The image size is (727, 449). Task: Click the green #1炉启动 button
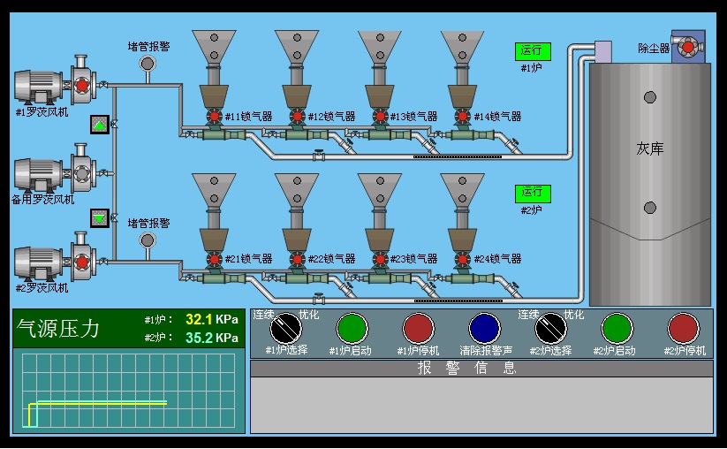pos(352,328)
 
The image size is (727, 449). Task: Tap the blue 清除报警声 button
pos(484,328)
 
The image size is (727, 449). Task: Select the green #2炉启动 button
pos(617,328)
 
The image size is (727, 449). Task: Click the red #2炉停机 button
pos(684,328)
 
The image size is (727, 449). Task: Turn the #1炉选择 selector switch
pos(285,328)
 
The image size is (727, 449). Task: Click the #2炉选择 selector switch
pos(551,328)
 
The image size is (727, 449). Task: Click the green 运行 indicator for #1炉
pos(532,51)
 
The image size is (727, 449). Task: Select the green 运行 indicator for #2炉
pos(532,193)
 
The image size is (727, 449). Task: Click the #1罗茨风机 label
pos(42,113)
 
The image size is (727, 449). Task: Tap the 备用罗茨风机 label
pos(42,200)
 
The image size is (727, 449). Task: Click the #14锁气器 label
pos(497,117)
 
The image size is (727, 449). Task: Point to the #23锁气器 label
pos(414,259)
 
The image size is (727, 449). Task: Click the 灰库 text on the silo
pos(650,148)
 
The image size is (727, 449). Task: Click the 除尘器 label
pos(654,49)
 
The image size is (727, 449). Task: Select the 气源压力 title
pos(59,329)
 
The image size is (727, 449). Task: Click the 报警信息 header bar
pos(481,369)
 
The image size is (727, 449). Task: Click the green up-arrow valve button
pos(100,125)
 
